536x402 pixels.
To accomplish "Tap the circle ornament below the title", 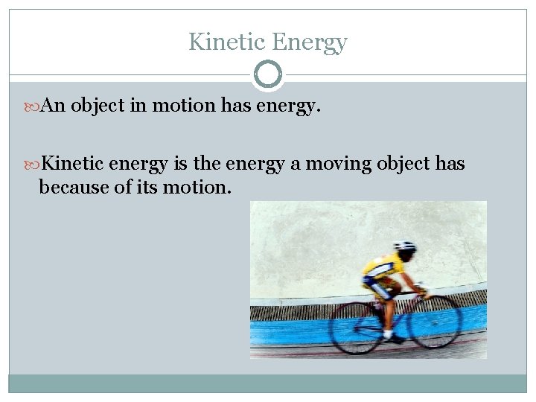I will [268, 74].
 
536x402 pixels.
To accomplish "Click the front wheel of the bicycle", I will [435, 322].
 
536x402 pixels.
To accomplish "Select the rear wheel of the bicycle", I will [356, 328].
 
